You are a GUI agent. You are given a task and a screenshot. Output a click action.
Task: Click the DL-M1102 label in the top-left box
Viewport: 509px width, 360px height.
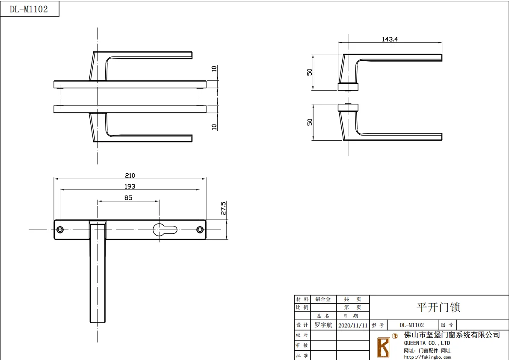click(x=29, y=9)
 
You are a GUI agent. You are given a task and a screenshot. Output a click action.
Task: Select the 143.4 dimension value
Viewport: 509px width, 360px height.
click(x=390, y=39)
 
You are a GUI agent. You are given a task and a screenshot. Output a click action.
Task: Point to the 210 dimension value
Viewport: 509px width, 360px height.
click(x=130, y=175)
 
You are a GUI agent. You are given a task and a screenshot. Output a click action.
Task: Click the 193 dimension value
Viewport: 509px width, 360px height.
click(x=130, y=186)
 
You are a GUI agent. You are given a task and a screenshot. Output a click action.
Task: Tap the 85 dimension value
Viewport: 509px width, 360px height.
click(x=128, y=198)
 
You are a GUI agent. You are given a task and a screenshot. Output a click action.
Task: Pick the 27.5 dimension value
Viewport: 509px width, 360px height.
click(x=223, y=208)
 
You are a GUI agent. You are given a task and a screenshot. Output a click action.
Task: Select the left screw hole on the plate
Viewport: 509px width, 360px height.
click(x=60, y=230)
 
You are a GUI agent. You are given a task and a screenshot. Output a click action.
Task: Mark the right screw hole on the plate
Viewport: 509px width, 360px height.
click(x=200, y=230)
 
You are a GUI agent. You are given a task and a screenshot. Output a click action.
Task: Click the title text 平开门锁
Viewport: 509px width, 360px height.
click(x=438, y=307)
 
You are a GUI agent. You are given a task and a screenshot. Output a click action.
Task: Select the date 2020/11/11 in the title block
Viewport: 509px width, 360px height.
click(x=353, y=325)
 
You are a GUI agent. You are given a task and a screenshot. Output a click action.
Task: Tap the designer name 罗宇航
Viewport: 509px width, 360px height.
click(x=323, y=325)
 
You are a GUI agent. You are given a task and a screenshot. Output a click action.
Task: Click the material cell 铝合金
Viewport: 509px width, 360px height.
click(x=323, y=299)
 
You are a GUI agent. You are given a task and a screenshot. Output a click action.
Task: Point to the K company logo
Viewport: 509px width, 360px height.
click(x=384, y=347)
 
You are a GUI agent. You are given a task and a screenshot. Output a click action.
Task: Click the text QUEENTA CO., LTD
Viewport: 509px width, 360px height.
click(x=427, y=343)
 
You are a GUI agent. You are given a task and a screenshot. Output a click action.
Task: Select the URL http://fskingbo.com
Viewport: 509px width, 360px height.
click(x=427, y=357)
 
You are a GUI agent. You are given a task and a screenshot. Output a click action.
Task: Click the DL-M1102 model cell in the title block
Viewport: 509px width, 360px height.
click(x=411, y=325)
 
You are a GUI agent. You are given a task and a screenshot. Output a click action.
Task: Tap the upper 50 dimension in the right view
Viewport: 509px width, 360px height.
click(x=310, y=72)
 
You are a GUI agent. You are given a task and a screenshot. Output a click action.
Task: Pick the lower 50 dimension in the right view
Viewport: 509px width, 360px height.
click(x=310, y=122)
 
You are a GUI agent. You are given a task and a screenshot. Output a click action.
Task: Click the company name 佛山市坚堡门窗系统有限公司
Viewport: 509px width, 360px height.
click(x=452, y=335)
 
